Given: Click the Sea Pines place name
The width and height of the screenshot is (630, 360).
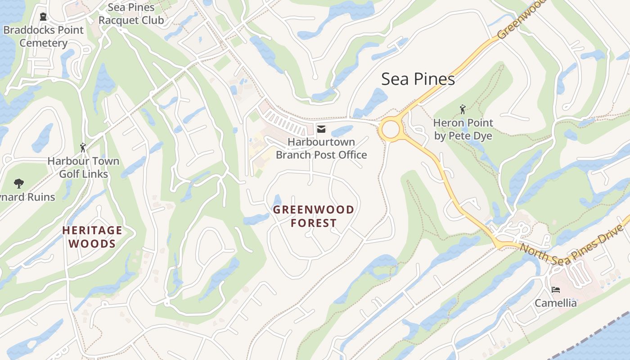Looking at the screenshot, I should pos(418,79).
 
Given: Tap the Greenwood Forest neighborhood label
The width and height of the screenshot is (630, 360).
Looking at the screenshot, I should pos(314,216).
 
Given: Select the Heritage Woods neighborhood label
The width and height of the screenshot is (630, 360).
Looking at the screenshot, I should pos(92,237).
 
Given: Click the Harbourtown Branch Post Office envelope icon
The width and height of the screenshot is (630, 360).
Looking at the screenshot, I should pos(321,129).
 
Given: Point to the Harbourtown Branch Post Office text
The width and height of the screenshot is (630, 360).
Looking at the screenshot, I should pos(321,148).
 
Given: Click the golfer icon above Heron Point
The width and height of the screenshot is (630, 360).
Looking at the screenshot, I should pos(463,109).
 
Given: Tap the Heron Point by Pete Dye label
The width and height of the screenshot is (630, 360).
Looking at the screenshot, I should pos(463,129).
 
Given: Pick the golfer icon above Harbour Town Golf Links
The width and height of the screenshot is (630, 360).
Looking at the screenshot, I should pos(83,148).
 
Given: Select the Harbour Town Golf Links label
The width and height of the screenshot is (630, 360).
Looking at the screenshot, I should pos(84,167).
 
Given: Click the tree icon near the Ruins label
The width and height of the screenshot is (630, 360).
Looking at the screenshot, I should pos(18,183).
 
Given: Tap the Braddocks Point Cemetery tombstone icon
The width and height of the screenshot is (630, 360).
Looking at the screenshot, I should pos(43,17).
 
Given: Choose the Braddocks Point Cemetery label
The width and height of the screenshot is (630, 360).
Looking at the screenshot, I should pos(44,36).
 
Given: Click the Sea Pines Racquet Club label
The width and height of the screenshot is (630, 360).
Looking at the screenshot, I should pos(131,14).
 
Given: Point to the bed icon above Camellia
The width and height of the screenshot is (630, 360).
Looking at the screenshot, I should pos(556,289).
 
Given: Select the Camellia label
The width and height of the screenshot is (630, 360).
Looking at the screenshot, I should pos(556,303).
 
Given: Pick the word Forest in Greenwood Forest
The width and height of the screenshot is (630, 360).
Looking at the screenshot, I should pos(314,223).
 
